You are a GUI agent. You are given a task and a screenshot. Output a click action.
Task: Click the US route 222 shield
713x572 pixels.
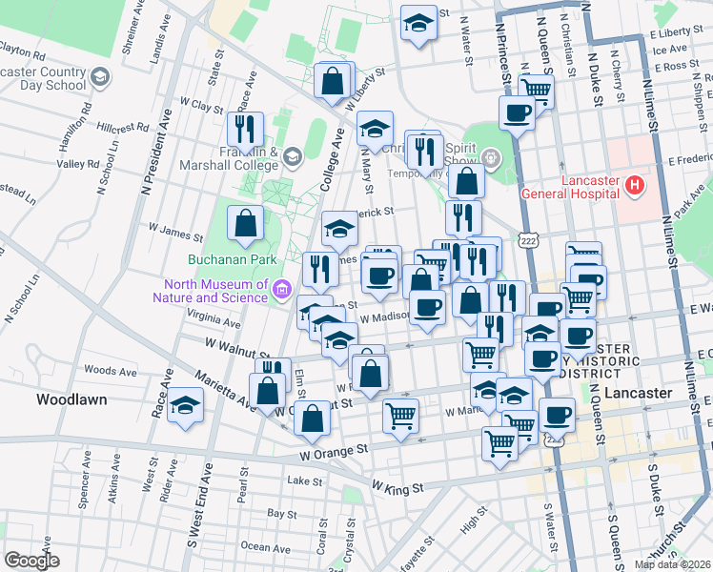pyautogui.click(x=528, y=242)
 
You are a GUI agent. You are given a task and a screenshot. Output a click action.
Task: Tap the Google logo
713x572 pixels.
pyautogui.click(x=31, y=561)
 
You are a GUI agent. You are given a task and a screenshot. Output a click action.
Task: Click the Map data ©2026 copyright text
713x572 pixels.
pyautogui.click(x=672, y=564)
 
